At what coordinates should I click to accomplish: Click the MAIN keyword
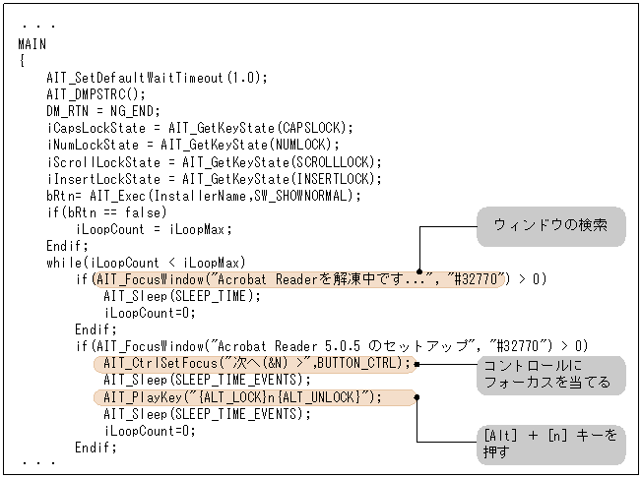tap(32, 44)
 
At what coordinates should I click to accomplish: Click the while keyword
tap(64, 263)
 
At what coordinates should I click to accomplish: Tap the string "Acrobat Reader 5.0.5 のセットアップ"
tap(345, 346)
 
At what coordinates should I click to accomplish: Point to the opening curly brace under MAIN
tap(22, 61)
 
